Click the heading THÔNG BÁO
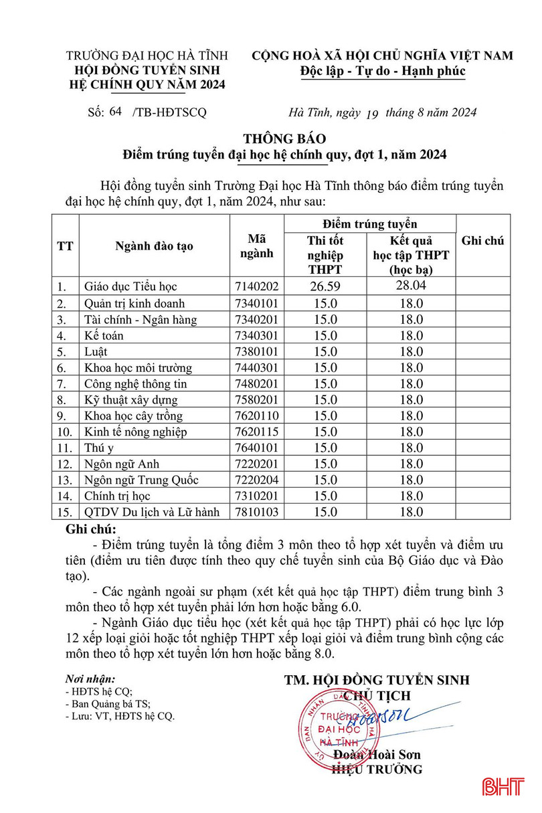tap(284, 139)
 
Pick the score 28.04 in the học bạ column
tap(411, 286)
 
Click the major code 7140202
tap(256, 287)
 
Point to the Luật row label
tap(96, 351)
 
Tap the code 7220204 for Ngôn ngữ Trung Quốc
tap(256, 480)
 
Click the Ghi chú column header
tap(482, 241)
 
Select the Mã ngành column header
tap(257, 246)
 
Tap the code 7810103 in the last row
tap(256, 512)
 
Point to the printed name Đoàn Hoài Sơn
tap(377, 754)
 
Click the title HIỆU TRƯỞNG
tap(377, 770)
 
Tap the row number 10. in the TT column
tap(65, 432)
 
